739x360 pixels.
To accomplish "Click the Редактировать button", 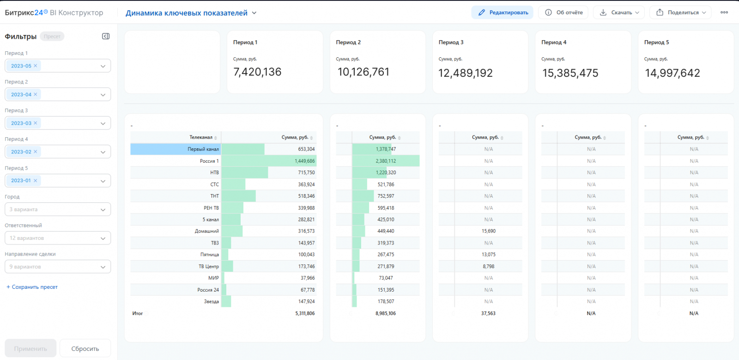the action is [502, 12].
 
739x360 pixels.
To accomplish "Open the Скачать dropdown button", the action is [618, 12].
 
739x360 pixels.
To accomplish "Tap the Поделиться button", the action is [680, 12].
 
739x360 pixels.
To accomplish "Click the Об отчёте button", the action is [563, 12].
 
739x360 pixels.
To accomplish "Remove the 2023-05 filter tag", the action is [36, 66].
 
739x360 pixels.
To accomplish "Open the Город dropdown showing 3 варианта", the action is [58, 209].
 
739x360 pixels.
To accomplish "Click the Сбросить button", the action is [85, 348].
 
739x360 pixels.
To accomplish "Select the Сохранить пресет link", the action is [32, 287].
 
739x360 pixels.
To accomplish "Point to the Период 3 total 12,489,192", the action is [465, 73].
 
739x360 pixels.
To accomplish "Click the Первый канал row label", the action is [203, 149].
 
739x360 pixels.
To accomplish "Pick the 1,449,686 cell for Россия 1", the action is [304, 161].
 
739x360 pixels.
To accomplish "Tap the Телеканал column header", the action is [200, 137].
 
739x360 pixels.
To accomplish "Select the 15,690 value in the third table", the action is [488, 231].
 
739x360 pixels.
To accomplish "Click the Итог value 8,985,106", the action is [385, 313].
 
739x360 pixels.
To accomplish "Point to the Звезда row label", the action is [211, 301].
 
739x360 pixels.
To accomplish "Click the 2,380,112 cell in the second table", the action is [386, 161].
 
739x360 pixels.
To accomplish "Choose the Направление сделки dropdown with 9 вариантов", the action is [58, 267].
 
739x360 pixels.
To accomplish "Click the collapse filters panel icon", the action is [106, 37].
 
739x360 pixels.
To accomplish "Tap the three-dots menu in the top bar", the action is [724, 12].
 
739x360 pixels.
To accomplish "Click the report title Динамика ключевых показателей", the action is [187, 13].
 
